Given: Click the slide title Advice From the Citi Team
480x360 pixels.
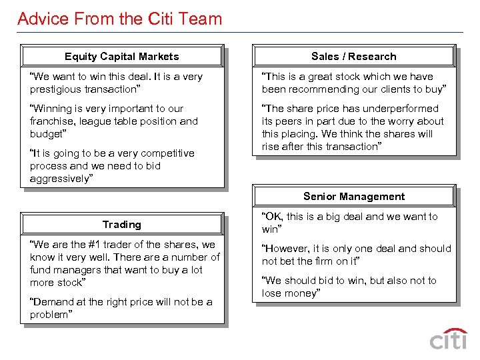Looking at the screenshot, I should click(119, 18).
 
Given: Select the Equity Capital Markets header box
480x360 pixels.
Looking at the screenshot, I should click(121, 57).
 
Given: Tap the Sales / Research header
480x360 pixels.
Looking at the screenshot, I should click(353, 57).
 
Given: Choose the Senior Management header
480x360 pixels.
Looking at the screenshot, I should click(353, 197).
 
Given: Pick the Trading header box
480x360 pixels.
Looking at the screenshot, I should click(121, 225).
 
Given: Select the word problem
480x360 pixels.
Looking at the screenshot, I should click(49, 315).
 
